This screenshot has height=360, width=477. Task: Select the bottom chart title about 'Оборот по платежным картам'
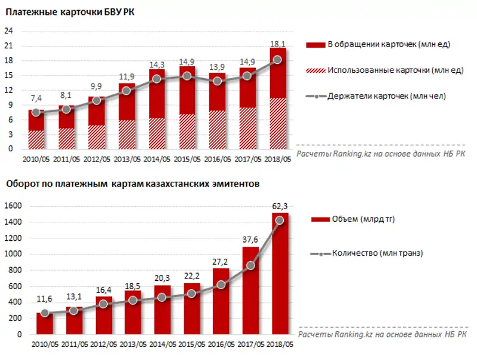(x=132, y=185)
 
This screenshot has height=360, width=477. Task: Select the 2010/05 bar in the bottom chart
(x=45, y=325)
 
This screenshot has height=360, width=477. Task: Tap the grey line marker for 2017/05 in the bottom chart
(x=250, y=265)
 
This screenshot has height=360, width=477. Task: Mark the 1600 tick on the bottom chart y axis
(x=14, y=206)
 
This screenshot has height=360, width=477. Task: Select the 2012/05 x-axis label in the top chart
(x=96, y=159)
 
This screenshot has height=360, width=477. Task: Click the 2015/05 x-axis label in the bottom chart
(x=192, y=345)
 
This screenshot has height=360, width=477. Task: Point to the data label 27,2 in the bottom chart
(x=219, y=262)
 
